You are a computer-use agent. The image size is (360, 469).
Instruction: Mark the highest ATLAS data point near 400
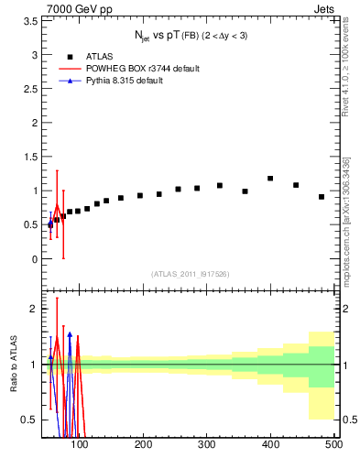(270, 179)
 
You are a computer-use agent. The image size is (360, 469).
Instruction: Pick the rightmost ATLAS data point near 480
(322, 197)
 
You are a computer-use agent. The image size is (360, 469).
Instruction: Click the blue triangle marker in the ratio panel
(70, 335)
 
